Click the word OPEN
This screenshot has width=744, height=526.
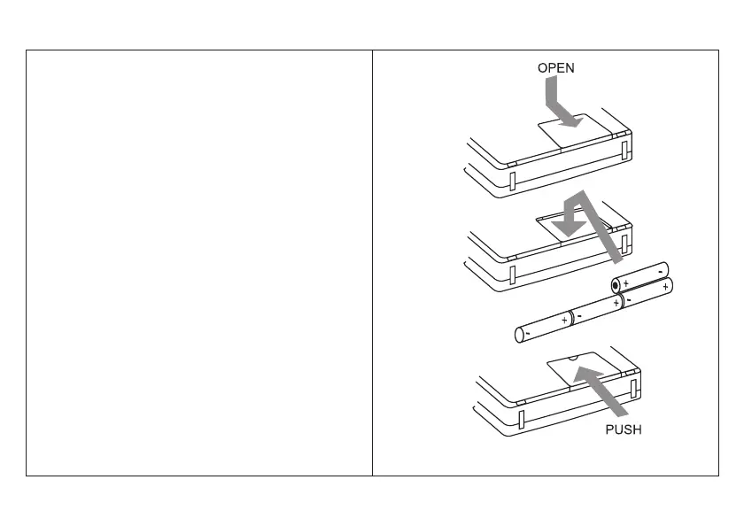(555, 67)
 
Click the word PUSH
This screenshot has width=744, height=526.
(623, 429)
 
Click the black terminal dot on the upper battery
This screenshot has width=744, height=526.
(616, 284)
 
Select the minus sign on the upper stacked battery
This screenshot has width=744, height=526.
(660, 269)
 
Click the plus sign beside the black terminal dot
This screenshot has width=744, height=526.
(626, 283)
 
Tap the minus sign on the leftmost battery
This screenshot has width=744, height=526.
(527, 334)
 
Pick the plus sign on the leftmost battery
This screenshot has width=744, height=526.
(564, 318)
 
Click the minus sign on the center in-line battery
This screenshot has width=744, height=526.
(578, 313)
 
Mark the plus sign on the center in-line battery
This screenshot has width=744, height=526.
(616, 302)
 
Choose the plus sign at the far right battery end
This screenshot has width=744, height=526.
(664, 288)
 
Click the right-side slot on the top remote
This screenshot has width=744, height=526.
(625, 148)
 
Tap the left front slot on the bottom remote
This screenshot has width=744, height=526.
(522, 418)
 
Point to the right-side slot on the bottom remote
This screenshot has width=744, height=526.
(634, 386)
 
